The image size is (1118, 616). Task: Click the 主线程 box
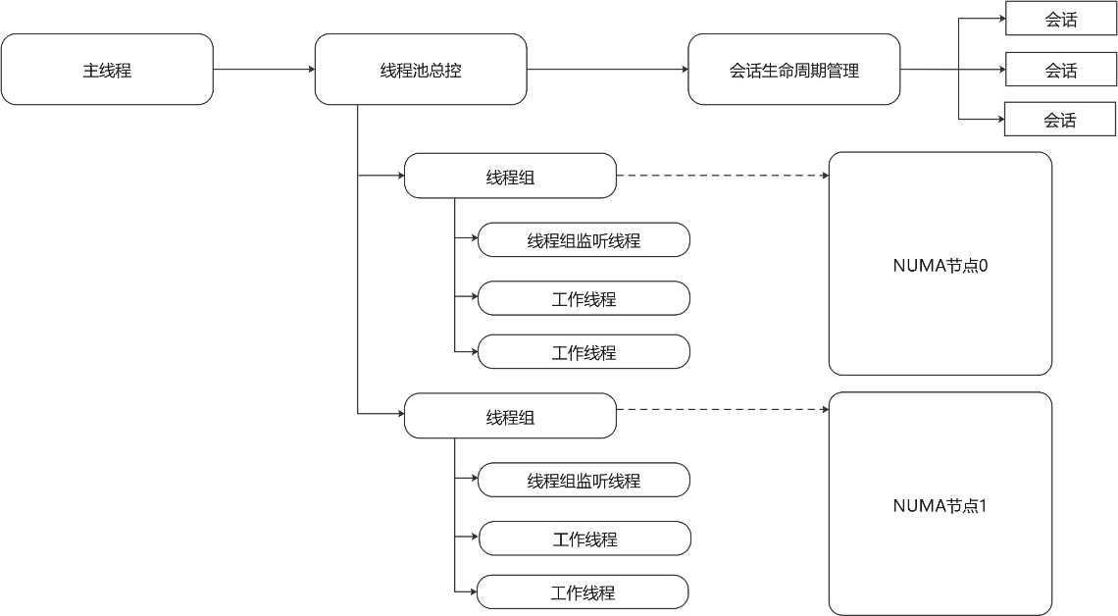pos(107,70)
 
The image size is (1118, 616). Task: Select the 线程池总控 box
pos(421,70)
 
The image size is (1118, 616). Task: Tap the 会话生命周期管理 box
pos(793,70)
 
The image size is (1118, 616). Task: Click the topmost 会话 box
pos(1060,19)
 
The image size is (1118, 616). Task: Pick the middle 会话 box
pos(1060,70)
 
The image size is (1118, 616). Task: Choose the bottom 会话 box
pos(1059,119)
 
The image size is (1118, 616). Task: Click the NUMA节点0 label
pos(940,265)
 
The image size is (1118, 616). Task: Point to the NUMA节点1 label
pos(940,505)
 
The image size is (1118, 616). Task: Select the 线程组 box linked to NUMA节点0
pos(510,176)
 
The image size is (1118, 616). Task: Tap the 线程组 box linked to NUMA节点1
pos(510,416)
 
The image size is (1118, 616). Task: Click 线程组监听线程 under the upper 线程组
pos(584,239)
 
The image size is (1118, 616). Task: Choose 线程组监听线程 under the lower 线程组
pos(584,480)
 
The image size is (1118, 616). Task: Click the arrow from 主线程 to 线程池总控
pos(264,70)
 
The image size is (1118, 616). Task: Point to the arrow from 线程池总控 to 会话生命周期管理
pos(607,70)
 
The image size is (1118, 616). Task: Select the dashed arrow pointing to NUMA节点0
pos(722,175)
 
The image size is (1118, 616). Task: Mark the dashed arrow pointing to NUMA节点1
pos(722,409)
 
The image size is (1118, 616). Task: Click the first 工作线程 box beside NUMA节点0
pos(584,298)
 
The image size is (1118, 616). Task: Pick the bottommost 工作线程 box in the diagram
pos(583,591)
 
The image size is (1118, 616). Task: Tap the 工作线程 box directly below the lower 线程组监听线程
pos(584,539)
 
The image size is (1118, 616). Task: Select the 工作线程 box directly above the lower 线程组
pos(584,351)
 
